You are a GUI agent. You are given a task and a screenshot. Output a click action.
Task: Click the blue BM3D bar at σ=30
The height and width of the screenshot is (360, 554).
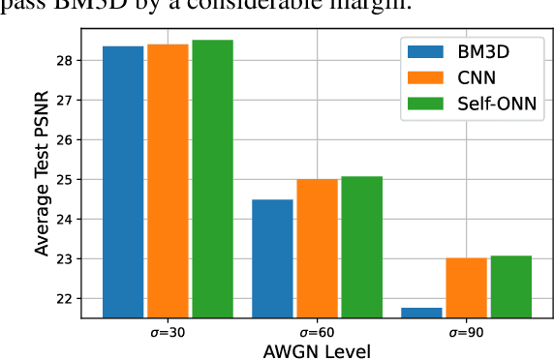[123, 181]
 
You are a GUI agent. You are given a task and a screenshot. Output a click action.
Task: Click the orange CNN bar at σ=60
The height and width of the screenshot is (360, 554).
[317, 248]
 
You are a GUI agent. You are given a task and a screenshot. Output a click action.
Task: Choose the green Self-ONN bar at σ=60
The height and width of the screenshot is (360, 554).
[361, 246]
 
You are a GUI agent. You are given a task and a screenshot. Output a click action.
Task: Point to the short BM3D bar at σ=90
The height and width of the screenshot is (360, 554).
[422, 312]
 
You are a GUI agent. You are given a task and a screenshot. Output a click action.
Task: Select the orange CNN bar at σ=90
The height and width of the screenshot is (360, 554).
[467, 286]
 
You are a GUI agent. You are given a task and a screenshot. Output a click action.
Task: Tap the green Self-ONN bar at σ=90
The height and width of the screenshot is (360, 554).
[511, 285]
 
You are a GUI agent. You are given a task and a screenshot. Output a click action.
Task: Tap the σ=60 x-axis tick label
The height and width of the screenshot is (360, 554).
[317, 331]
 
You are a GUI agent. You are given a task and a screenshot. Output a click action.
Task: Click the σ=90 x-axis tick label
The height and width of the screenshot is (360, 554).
[467, 331]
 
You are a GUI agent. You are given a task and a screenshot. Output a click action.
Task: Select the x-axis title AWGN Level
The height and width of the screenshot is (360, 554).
[317, 350]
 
